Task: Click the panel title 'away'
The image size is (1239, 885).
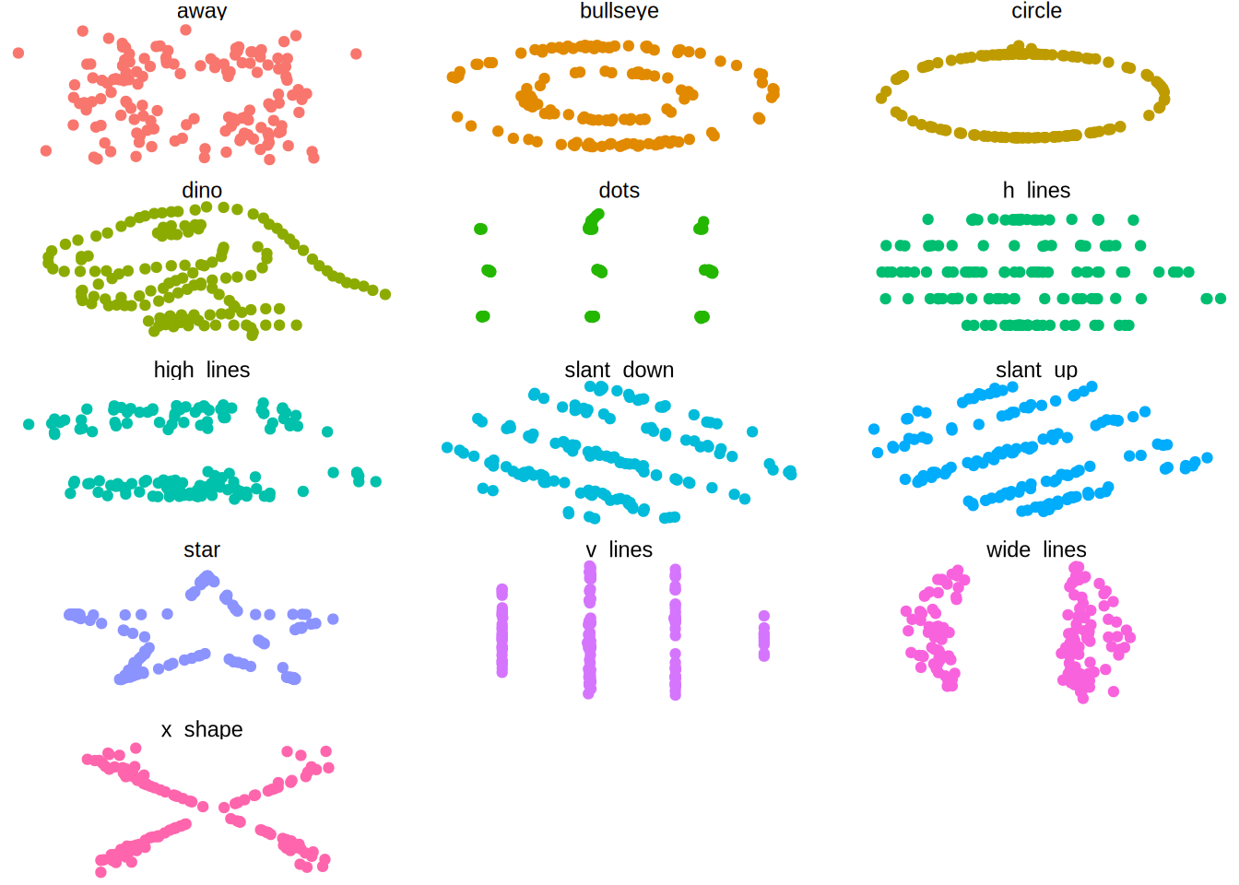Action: point(202,11)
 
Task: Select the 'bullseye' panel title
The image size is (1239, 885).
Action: point(619,11)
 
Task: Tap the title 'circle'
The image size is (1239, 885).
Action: point(1036,11)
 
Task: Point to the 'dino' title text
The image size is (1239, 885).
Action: point(202,190)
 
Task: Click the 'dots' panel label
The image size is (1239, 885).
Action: point(619,190)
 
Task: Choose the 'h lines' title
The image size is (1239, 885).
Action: point(1036,190)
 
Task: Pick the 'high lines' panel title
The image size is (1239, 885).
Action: point(202,370)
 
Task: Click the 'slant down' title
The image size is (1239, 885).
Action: point(619,370)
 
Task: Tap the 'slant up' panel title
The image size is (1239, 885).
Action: point(1036,370)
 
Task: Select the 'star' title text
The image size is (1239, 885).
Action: point(202,549)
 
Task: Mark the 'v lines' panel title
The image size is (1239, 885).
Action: point(619,549)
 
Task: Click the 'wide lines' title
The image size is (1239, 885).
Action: point(1036,549)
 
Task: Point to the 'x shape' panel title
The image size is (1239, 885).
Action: point(202,729)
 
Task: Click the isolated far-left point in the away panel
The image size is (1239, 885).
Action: point(18,53)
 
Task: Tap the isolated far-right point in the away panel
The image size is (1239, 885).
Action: point(356,53)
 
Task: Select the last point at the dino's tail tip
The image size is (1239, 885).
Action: point(385,294)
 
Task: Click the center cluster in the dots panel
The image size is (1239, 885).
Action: point(599,271)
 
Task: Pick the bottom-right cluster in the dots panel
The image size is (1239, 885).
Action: point(702,317)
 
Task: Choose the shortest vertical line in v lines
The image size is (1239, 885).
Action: point(763,636)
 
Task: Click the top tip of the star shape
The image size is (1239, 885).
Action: point(206,577)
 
